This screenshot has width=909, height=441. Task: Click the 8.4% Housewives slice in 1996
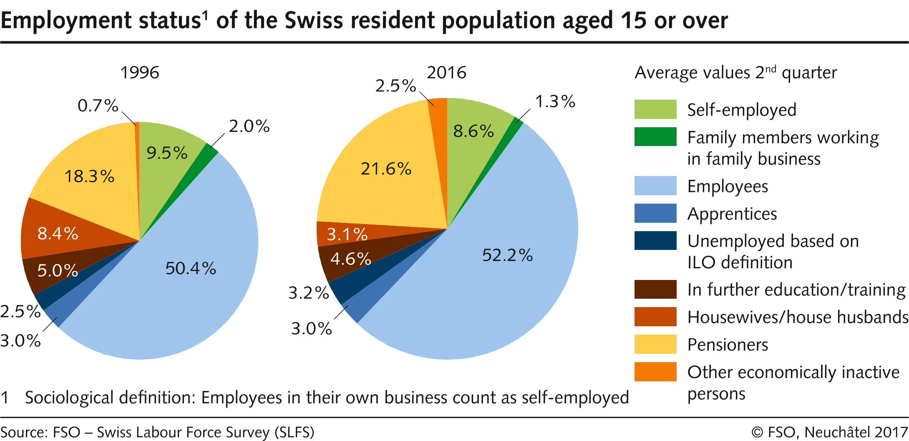(x=58, y=233)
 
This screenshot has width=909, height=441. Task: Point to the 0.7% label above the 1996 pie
(x=98, y=106)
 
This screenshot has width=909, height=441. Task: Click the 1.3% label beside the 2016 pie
(x=555, y=101)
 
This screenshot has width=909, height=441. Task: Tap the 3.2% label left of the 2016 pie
(x=309, y=293)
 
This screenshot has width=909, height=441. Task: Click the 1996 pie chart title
(x=140, y=73)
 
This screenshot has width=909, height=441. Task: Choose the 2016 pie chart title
(x=446, y=73)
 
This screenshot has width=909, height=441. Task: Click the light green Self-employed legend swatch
(x=655, y=109)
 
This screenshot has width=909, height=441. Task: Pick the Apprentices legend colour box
(x=655, y=213)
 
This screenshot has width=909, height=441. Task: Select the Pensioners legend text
(x=728, y=345)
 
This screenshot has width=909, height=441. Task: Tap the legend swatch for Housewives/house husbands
(x=655, y=317)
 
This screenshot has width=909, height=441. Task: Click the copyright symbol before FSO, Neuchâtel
(x=757, y=432)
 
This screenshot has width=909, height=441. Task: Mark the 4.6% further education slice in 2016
(x=350, y=259)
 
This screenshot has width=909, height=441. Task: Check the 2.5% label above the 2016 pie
(x=395, y=86)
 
